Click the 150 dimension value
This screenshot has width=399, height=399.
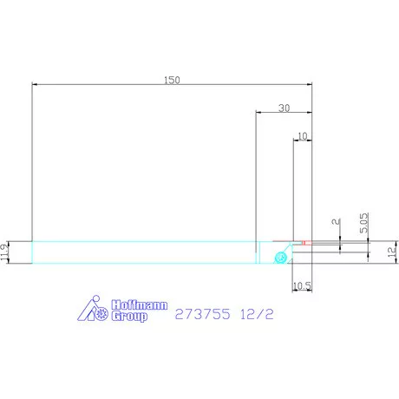tap(172, 80)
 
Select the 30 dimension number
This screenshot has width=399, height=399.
tap(284, 108)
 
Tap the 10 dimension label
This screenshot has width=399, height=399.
tap(302, 136)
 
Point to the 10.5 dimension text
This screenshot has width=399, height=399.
tap(302, 286)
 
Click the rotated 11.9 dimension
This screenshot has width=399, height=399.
tap(4, 252)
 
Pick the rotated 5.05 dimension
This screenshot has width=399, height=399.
tap(364, 223)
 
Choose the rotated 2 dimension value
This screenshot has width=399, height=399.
tap(336, 221)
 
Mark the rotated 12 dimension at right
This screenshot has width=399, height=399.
tap(392, 252)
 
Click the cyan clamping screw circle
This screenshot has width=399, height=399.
tap(280, 257)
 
